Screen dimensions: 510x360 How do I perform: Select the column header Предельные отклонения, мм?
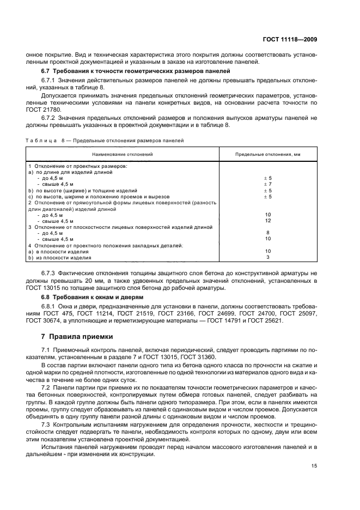click(267, 155)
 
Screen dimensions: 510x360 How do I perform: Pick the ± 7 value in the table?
click(267, 184)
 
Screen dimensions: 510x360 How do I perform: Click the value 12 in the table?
click(267, 221)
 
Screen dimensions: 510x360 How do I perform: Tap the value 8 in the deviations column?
click(267, 233)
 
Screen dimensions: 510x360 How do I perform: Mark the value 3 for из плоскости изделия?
click(267, 257)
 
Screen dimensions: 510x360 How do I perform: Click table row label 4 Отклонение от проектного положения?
click(106, 245)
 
